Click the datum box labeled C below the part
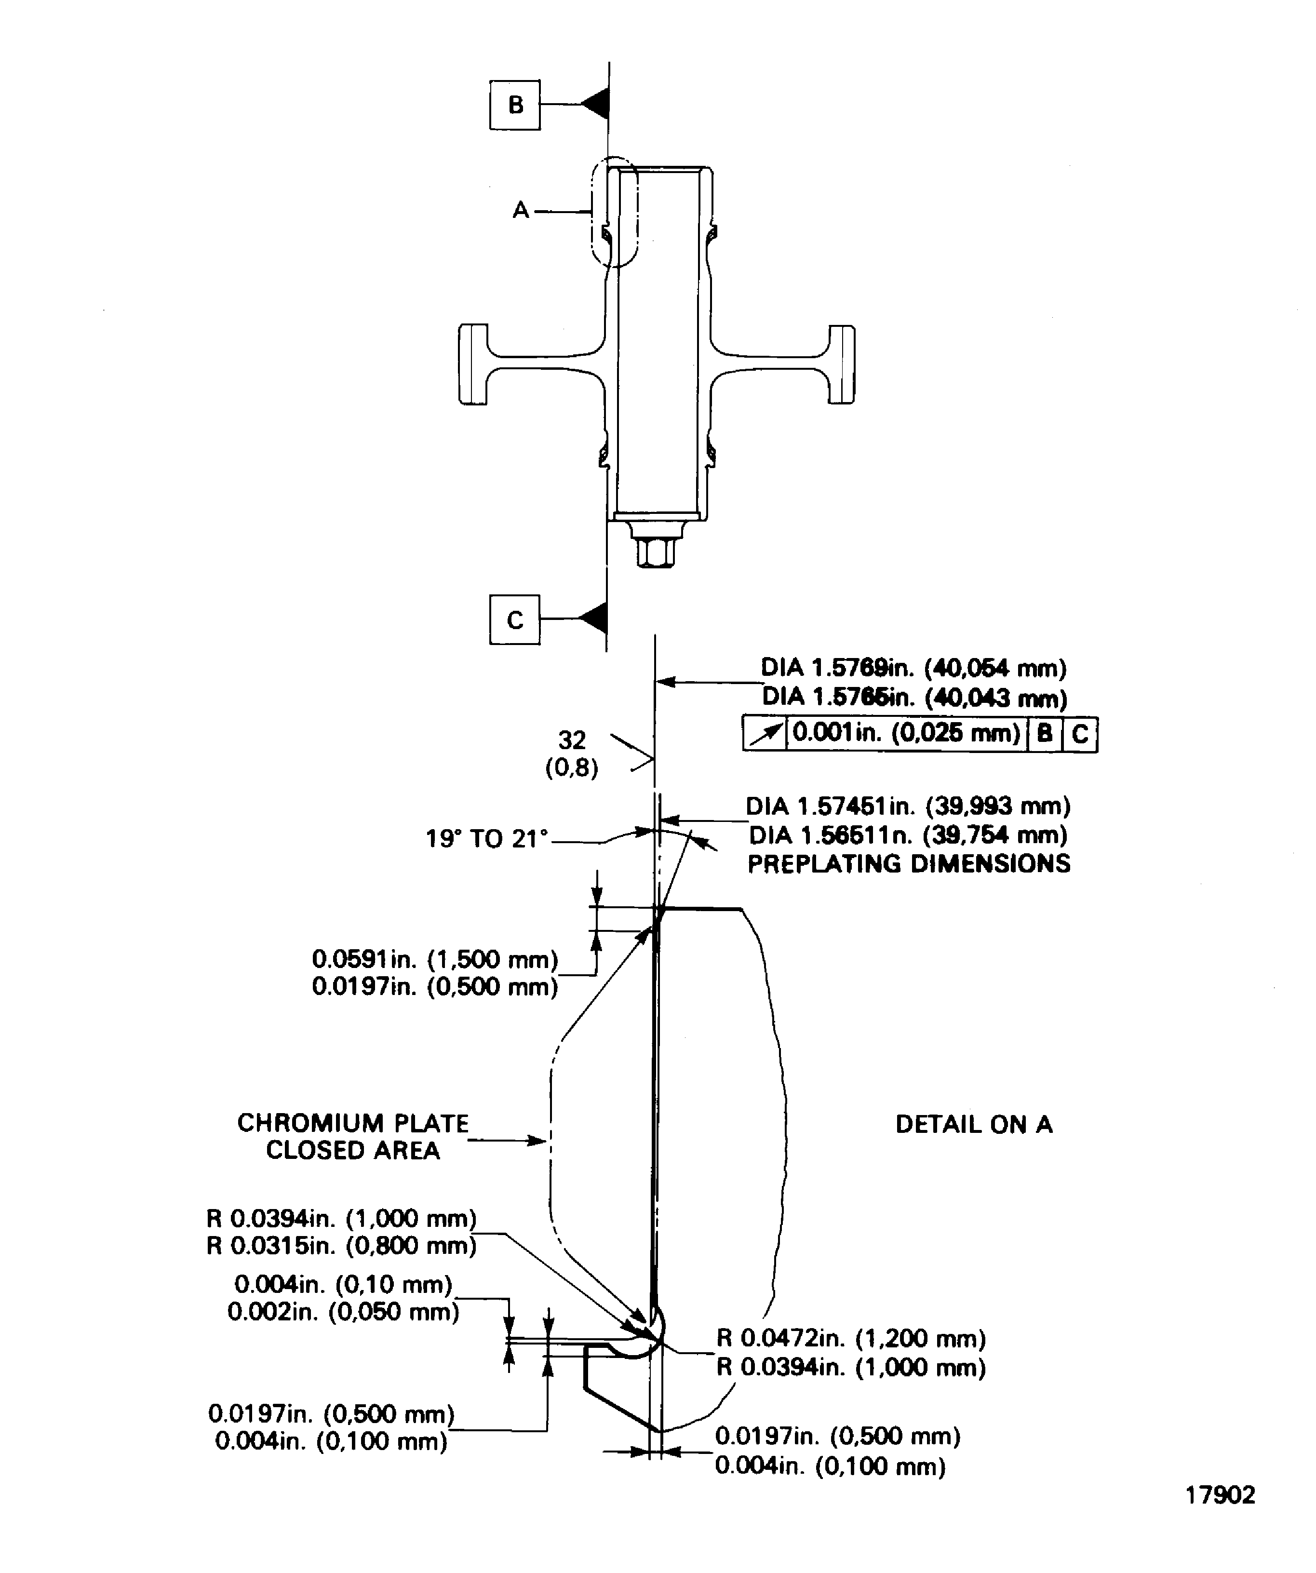[x=514, y=619]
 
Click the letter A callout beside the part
[x=521, y=211]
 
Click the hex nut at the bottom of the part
[x=656, y=551]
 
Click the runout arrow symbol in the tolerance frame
[x=765, y=733]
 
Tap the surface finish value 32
[x=572, y=740]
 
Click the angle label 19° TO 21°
[x=487, y=839]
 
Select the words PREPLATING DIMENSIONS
[x=909, y=864]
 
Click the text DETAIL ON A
[x=974, y=1124]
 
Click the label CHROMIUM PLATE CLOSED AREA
[x=353, y=1136]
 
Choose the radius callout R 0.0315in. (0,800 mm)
[x=342, y=1246]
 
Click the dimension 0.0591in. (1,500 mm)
[x=434, y=959]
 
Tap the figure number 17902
[x=1220, y=1495]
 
